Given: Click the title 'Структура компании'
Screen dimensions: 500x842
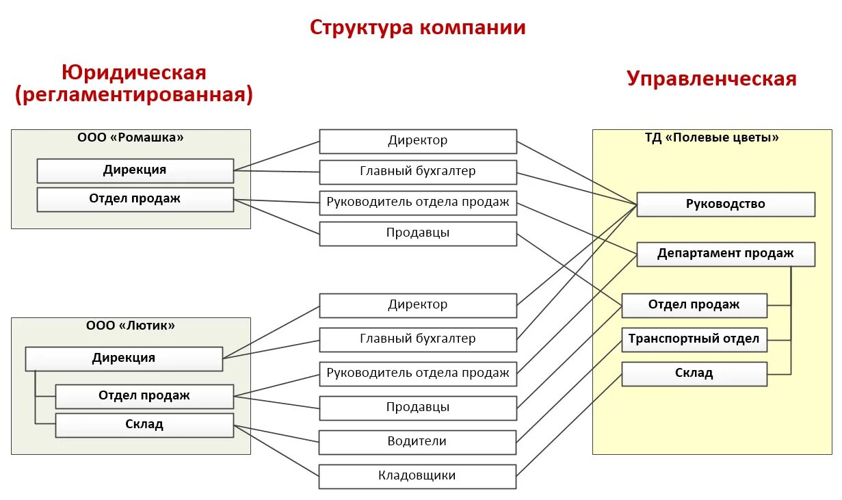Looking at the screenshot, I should coord(417,27).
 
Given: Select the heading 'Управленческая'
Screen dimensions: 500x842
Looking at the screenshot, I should coord(711,79).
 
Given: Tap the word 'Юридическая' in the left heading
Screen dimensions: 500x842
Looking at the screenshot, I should coord(134,72).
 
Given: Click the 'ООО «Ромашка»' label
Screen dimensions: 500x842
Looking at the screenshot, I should coord(131,137).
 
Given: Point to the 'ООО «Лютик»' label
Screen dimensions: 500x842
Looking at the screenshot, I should coord(131,326).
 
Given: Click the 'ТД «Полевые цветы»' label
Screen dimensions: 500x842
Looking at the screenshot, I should coord(712,137).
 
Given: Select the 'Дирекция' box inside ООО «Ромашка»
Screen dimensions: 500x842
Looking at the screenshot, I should coord(135,170).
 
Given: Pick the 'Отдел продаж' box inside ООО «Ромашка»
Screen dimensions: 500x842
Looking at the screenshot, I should coord(135,199).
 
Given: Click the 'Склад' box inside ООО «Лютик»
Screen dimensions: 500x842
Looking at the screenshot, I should coord(144,425).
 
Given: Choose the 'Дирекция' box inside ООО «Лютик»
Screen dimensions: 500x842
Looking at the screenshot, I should coord(124,358).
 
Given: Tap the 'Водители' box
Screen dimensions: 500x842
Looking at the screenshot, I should coord(417,442).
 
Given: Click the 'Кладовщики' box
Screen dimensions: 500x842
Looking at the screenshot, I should coord(417,476).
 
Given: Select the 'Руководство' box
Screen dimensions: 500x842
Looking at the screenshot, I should coord(726,205).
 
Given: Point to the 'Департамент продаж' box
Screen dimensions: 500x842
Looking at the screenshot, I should coord(726,254).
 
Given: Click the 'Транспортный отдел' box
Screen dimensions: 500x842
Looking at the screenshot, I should coord(694,339).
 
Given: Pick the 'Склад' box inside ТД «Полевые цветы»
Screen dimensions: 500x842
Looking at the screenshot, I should coord(694,373).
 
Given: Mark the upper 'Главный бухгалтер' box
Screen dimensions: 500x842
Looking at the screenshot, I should coord(417,172).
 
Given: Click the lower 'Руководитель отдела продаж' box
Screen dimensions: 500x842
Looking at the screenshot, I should coord(417,373).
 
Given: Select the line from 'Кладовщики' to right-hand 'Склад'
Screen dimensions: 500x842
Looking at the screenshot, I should coord(569,425).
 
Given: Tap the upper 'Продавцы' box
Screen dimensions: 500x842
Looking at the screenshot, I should coord(417,233).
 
